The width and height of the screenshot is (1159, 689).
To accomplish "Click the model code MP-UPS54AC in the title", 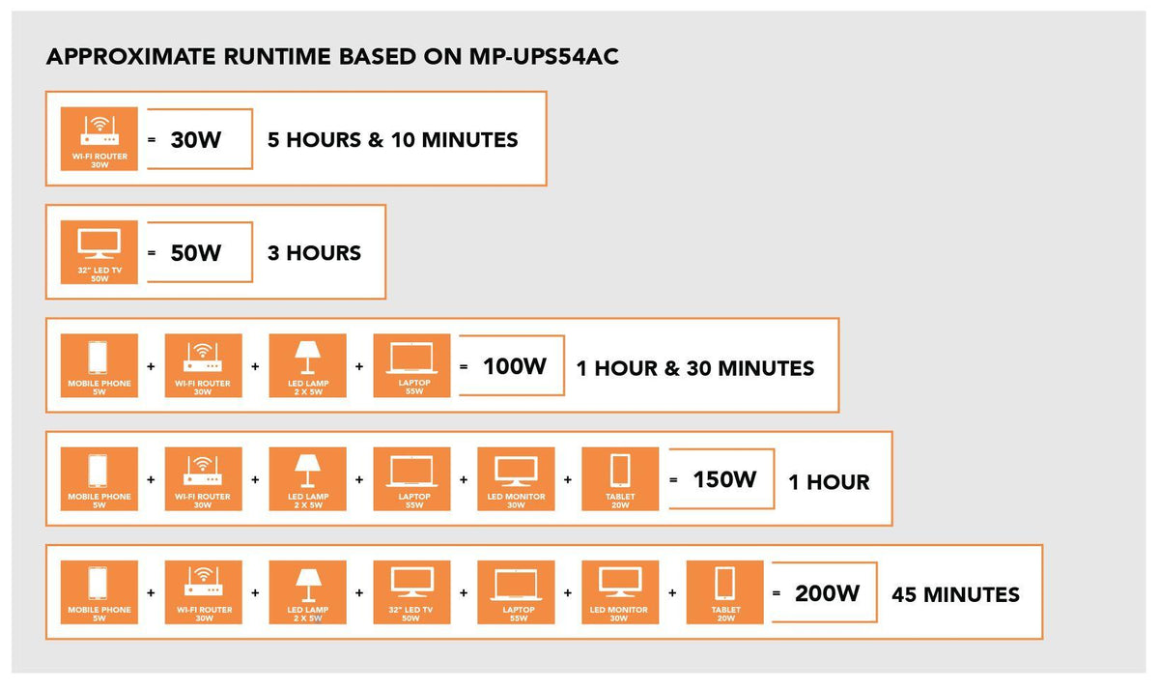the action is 544,57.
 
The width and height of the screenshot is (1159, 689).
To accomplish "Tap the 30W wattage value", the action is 196,140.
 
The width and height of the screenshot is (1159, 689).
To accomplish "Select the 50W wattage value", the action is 196,253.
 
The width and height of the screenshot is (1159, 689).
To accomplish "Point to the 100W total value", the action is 515,366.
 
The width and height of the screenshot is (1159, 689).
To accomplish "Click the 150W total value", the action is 724,480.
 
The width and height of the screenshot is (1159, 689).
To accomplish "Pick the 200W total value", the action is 828,593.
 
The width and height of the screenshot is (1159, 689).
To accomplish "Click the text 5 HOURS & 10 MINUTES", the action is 393,140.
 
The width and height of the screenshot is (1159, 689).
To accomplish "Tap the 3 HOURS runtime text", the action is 314,253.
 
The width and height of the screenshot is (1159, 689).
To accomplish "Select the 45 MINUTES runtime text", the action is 955,595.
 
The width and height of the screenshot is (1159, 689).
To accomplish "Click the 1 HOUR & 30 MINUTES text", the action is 695,368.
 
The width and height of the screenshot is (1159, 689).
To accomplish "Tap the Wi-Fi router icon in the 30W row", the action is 99,139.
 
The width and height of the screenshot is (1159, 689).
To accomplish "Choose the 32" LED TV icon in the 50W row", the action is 99,252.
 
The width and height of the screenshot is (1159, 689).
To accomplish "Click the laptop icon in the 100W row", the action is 411,365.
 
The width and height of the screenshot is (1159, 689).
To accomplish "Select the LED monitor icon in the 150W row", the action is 516,479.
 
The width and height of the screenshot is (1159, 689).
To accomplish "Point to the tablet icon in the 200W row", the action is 725,592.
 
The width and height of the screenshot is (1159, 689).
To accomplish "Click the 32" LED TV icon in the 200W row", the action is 411,592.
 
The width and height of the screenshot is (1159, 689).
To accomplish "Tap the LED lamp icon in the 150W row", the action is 308,479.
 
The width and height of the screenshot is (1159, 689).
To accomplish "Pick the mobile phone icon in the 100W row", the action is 99,365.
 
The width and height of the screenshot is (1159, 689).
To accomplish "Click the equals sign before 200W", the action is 777,593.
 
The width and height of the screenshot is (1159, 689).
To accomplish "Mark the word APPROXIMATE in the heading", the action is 131,57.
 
